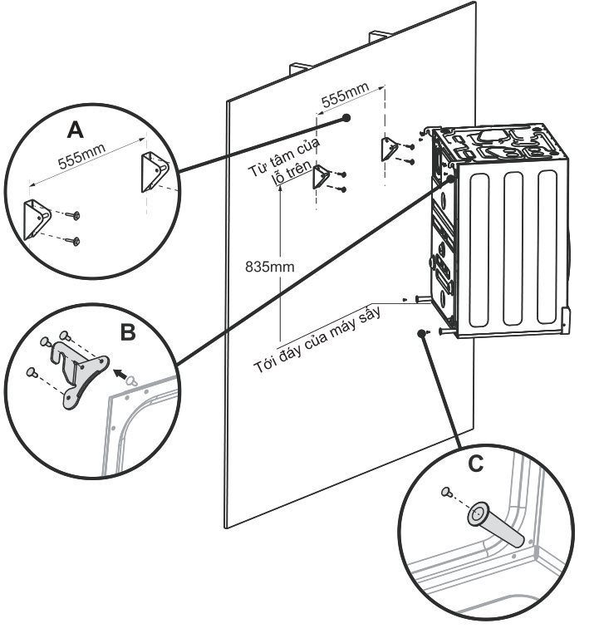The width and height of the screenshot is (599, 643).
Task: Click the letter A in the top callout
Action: coord(75,130)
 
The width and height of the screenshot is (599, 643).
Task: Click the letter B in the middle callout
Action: coord(128,332)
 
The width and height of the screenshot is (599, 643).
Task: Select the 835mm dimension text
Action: coord(264,268)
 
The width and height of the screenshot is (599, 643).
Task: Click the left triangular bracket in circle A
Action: coord(38,217)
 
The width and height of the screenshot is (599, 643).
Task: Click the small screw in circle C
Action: coord(447,493)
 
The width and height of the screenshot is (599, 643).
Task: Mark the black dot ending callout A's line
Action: coord(346,119)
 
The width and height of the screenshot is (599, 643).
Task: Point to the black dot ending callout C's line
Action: coord(419,333)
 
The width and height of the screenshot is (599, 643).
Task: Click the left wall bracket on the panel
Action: coord(321,176)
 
